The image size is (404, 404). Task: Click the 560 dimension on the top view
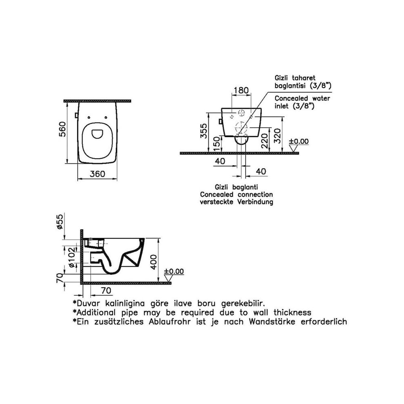tap(63, 129)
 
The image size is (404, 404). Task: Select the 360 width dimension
tap(97, 174)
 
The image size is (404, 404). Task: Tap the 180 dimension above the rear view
tap(241, 90)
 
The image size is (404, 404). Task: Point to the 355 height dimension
tap(204, 130)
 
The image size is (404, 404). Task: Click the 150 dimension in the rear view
tap(217, 144)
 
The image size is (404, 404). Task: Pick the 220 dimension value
tap(265, 141)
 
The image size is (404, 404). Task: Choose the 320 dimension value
tap(278, 136)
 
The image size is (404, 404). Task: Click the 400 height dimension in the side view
tap(154, 262)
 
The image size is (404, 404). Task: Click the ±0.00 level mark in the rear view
tap(299, 141)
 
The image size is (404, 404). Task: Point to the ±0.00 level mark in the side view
tap(174, 271)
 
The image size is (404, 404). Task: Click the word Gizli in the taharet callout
tap(281, 78)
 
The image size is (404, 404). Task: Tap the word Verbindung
tap(255, 202)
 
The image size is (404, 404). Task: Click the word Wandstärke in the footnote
tap(272, 322)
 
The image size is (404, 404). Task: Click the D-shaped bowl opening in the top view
tap(97, 133)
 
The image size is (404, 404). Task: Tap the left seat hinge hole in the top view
tap(89, 118)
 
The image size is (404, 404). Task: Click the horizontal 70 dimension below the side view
tap(106, 290)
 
